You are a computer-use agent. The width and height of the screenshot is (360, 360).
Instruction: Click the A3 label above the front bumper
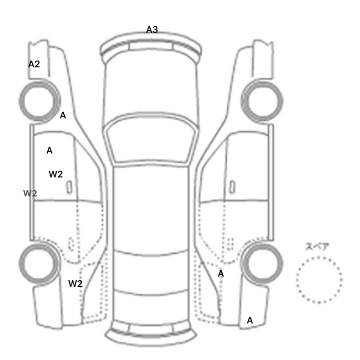click(x=152, y=30)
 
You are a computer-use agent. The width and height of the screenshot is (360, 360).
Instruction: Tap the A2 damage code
click(x=34, y=64)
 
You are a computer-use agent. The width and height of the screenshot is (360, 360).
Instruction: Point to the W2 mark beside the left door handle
click(x=56, y=174)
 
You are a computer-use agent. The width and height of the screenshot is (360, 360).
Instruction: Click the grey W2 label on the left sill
click(x=30, y=193)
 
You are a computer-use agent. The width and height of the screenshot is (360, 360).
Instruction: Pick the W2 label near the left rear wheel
click(x=75, y=284)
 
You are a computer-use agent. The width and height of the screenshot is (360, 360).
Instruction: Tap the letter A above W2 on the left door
click(x=49, y=151)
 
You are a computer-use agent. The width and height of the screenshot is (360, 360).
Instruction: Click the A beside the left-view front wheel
click(x=63, y=115)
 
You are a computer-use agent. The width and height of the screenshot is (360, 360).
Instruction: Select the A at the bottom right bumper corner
click(x=250, y=320)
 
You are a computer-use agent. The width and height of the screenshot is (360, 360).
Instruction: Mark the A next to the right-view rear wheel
click(x=221, y=274)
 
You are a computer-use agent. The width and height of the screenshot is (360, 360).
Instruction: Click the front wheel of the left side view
click(x=21, y=101)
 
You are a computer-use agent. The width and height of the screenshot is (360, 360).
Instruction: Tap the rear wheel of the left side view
click(x=21, y=263)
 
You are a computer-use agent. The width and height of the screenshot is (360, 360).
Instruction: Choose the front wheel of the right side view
click(x=281, y=101)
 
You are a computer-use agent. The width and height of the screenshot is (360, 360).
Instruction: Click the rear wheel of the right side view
click(x=281, y=263)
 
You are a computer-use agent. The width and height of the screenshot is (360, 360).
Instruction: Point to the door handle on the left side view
click(x=69, y=187)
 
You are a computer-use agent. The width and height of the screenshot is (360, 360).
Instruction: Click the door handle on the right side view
click(x=232, y=187)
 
